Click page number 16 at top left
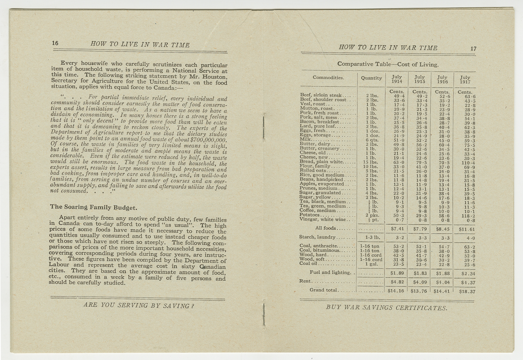click(x=55, y=43)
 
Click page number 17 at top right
click(x=473, y=48)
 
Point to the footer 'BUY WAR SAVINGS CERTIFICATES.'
click(x=387, y=308)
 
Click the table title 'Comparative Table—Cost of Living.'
click(x=388, y=64)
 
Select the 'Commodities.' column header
click(x=328, y=78)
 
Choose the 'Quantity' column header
click(x=371, y=78)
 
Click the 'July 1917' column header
click(x=465, y=79)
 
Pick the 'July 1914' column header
click(x=397, y=79)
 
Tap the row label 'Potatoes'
click(x=310, y=215)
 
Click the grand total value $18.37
click(x=467, y=292)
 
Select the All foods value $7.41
click(x=397, y=229)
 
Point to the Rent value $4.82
click(x=397, y=282)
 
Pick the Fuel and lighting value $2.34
click(x=467, y=273)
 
